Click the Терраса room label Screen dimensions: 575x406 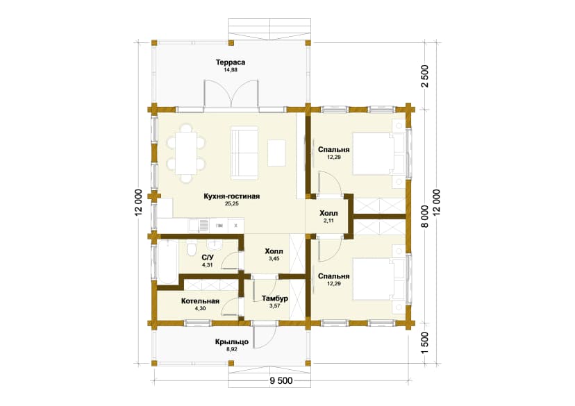231,62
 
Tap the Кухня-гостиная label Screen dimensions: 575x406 232,196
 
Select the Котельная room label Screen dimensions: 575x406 200,301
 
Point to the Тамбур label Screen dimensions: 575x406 275,298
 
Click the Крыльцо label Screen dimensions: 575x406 232,342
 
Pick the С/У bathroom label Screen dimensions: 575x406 208,257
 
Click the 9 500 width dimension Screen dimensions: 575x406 281,381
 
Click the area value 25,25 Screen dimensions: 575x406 232,204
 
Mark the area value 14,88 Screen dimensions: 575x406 231,69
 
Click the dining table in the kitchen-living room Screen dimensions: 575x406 186,153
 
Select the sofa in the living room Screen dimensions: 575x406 244,153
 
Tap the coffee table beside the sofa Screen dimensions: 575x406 276,153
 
